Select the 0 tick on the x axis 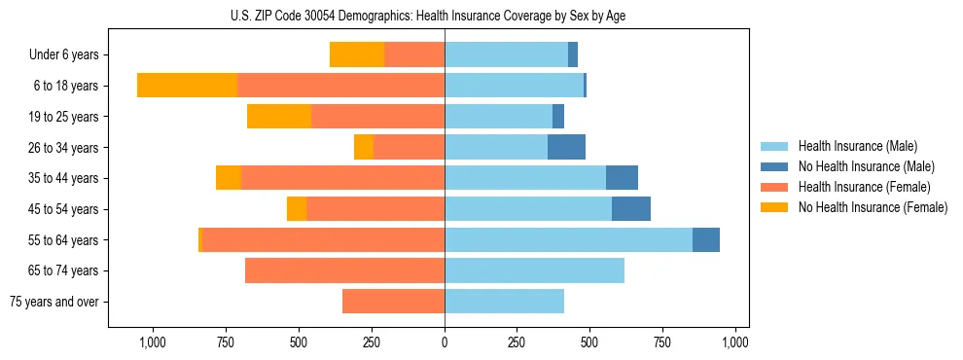coord(445,342)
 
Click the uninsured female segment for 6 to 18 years coord(187,86)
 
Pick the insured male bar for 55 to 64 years coord(568,239)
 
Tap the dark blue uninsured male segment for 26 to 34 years coord(566,147)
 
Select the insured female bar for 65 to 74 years coord(344,270)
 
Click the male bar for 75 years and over coord(504,302)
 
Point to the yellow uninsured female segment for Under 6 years coord(357,54)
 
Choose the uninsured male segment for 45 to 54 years coord(631,209)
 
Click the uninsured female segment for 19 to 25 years coord(279,117)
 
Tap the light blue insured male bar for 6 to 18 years coord(514,86)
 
